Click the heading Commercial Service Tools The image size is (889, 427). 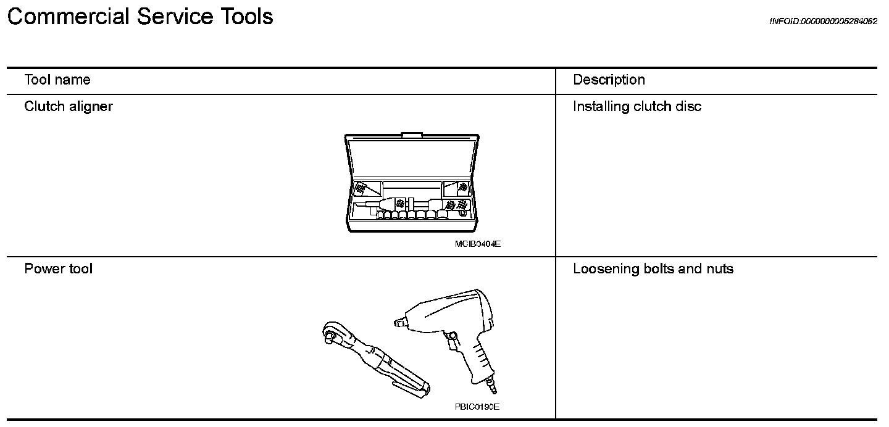140,17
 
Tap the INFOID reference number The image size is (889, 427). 823,21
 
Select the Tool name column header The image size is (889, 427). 57,80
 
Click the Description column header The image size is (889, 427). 609,80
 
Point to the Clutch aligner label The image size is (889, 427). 69,106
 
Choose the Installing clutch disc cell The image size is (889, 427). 637,106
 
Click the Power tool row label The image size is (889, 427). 59,268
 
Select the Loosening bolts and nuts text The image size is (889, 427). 653,268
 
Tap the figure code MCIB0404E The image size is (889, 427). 477,244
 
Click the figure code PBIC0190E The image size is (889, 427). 477,407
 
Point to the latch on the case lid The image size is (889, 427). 412,134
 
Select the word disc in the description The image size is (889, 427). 689,106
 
